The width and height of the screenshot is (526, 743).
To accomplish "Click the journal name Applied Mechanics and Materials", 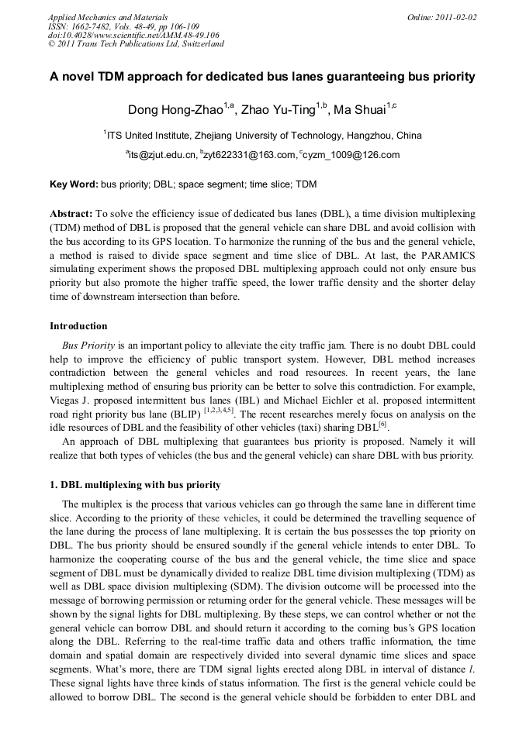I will [x=108, y=16].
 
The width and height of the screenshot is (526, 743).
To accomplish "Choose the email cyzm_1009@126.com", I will [x=351, y=155].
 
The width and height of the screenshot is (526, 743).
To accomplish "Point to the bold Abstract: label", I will [x=71, y=212].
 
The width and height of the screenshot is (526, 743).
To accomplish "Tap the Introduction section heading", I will [x=78, y=325].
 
